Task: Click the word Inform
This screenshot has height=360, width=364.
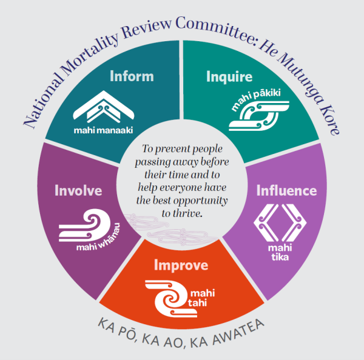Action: click(132, 76)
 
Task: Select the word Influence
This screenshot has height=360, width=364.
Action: click(287, 190)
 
